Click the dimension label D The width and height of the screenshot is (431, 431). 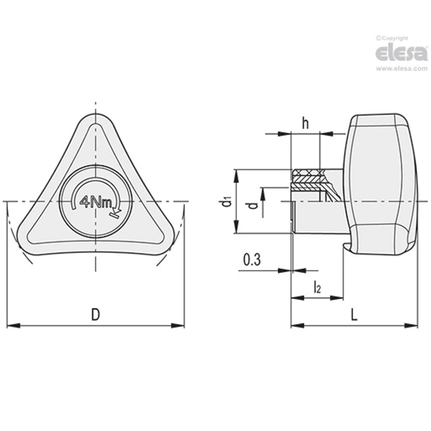coord(95,315)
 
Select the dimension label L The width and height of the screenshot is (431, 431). coord(354,315)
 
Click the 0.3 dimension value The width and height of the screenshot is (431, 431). coord(252,260)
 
